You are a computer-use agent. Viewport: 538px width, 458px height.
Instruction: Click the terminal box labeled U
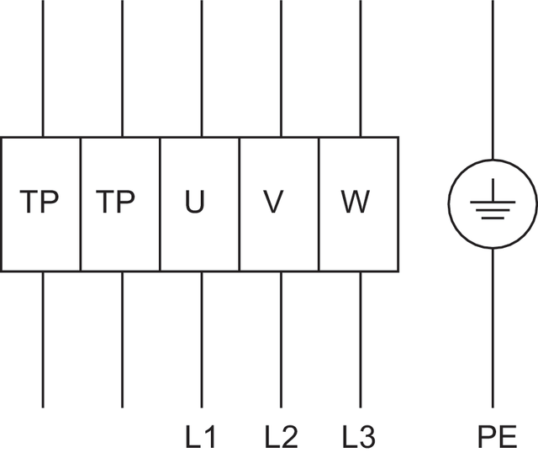click(x=200, y=204)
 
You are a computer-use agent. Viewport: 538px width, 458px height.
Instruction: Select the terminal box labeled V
click(x=280, y=204)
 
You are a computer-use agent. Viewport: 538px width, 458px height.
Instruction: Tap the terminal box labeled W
click(x=359, y=204)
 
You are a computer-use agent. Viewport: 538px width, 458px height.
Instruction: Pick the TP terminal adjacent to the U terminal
click(x=120, y=204)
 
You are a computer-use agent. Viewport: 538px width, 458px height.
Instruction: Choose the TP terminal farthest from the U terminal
click(x=40, y=204)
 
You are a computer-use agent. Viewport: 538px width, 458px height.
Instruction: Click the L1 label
click(x=202, y=437)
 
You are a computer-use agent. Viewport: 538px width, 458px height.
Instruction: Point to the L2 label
click(x=282, y=437)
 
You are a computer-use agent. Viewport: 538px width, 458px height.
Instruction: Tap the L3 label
click(x=360, y=437)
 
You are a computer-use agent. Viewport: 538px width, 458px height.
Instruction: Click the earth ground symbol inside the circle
click(x=493, y=204)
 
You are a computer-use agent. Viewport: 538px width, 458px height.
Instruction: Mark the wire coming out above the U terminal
click(x=202, y=67)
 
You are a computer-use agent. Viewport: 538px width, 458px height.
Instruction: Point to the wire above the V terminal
click(x=281, y=67)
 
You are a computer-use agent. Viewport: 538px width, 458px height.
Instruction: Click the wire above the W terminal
click(x=361, y=67)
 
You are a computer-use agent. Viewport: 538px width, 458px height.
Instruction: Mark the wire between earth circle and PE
click(x=493, y=328)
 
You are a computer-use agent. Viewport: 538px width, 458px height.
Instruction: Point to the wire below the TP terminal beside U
click(x=123, y=340)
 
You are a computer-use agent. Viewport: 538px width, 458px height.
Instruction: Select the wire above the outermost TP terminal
click(x=43, y=67)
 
